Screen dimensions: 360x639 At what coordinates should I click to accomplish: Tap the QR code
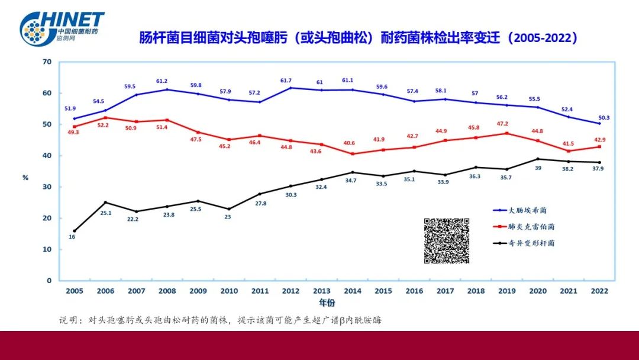[x=447, y=241]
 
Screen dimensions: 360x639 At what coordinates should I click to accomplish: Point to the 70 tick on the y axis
[x=48, y=62]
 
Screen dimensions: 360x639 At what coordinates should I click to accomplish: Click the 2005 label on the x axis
[x=74, y=291]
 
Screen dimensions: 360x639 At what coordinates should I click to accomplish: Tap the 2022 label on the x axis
[x=599, y=291]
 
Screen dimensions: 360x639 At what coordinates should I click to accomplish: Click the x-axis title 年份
[x=327, y=303]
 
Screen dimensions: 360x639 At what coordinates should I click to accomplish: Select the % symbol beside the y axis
[x=25, y=178]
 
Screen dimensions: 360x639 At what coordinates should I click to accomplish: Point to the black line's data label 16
[x=72, y=237]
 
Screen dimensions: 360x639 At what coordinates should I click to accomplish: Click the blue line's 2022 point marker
[x=599, y=123]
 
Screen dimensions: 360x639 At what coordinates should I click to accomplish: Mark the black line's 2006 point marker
[x=105, y=202]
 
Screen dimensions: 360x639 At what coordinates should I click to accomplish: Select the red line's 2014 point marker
[x=353, y=154]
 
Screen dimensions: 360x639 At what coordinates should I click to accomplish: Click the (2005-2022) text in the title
[x=545, y=38]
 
